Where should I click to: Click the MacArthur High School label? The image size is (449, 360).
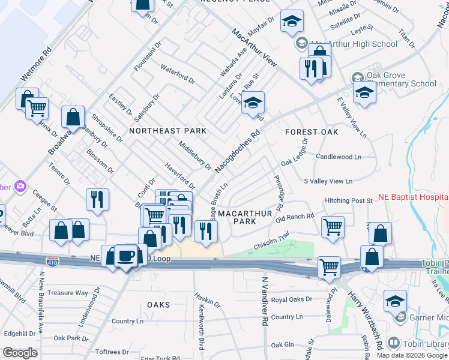coord(354,44)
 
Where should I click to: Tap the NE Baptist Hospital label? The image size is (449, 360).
coord(413,197)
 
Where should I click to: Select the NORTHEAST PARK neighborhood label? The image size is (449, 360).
coord(167,131)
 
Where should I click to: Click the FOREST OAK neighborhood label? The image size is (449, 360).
coord(312,131)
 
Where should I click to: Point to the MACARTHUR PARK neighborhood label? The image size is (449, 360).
coord(245,217)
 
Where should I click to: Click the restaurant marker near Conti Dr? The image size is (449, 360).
coord(98,200)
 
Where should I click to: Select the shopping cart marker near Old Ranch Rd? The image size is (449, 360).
coord(333,227)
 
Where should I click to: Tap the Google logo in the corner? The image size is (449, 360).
coord(20,352)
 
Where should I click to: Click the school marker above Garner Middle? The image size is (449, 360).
coord(395,301)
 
